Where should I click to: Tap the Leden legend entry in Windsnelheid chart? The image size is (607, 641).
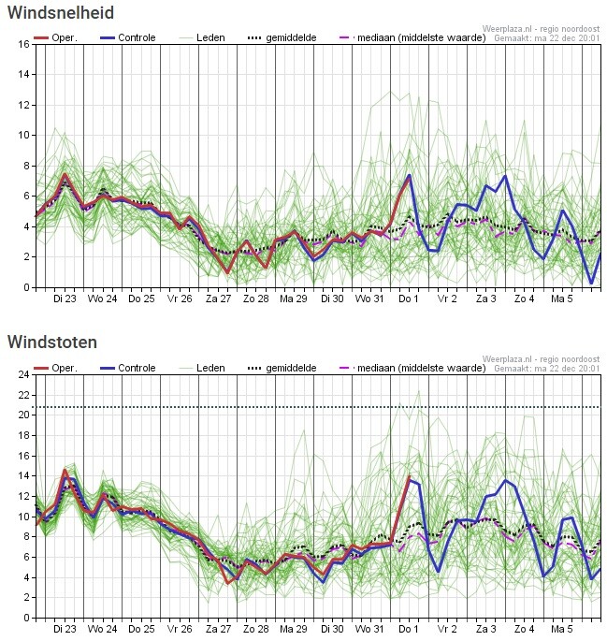coord(210,37)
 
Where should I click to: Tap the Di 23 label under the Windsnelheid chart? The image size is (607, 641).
coord(65,299)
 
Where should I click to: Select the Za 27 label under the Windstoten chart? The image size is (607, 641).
coord(218,630)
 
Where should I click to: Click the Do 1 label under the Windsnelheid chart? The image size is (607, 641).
coord(409,299)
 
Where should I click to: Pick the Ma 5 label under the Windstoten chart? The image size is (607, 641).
coord(562,630)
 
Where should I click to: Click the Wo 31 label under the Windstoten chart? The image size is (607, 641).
coord(370,630)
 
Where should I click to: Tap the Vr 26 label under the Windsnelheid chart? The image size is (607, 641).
coord(180,299)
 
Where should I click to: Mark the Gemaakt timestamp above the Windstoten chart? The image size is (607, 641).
coord(546,369)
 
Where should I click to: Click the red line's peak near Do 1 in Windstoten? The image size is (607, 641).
coord(409,479)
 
